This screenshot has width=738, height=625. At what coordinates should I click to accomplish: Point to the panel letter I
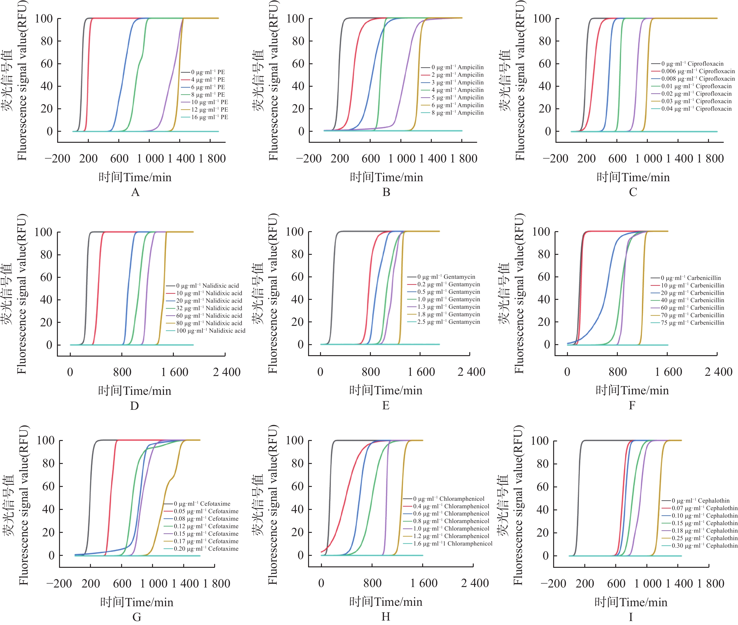631,617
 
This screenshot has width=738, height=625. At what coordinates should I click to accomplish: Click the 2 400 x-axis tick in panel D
227,372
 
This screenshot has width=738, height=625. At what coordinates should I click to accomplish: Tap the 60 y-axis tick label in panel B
298,64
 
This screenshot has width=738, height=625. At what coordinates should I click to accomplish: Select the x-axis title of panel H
386,602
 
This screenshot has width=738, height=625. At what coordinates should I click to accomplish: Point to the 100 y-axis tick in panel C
542,19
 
